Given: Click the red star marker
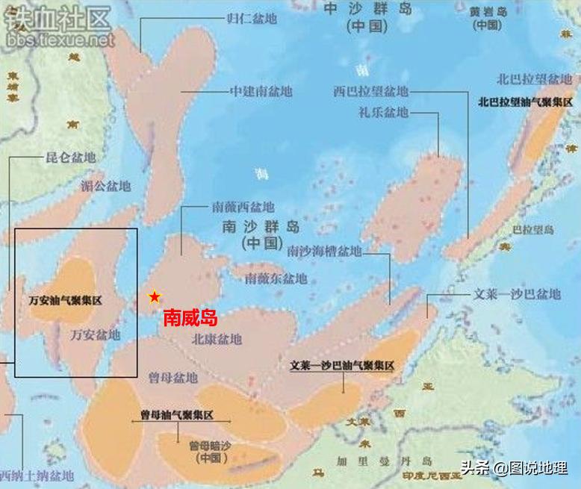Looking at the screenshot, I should [x=155, y=297].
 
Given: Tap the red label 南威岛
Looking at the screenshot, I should [x=190, y=318].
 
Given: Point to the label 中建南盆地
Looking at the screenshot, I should [x=261, y=92].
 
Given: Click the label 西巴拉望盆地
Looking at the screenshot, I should [x=371, y=91].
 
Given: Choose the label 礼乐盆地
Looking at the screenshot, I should [x=384, y=113].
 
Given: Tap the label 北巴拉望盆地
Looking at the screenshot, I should [x=535, y=79].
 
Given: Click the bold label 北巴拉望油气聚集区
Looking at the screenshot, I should [x=525, y=102].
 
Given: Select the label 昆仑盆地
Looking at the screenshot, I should [x=71, y=158].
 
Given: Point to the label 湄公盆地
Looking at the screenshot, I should [x=105, y=186].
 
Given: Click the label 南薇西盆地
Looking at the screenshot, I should [x=243, y=206].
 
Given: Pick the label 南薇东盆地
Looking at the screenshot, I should [x=276, y=278].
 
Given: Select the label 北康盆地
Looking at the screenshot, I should [x=217, y=339].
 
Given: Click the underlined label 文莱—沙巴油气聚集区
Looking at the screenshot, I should [x=342, y=367].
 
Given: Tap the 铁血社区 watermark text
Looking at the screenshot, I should [x=58, y=19].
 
